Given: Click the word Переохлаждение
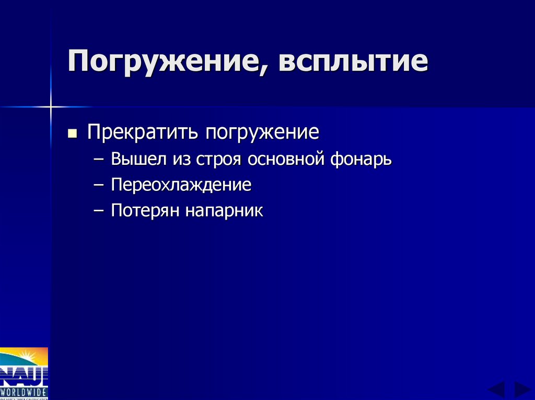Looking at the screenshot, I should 181,185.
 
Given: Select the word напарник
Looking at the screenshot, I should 224,211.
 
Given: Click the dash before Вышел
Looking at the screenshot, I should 100,160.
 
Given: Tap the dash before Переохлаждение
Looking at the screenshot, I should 100,185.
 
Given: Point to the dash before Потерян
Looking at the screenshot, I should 100,211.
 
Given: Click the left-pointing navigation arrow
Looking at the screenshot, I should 496,390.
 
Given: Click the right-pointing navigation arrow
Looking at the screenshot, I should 522,390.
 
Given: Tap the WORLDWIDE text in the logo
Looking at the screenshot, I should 24,391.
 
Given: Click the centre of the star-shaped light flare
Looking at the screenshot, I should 51,107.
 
